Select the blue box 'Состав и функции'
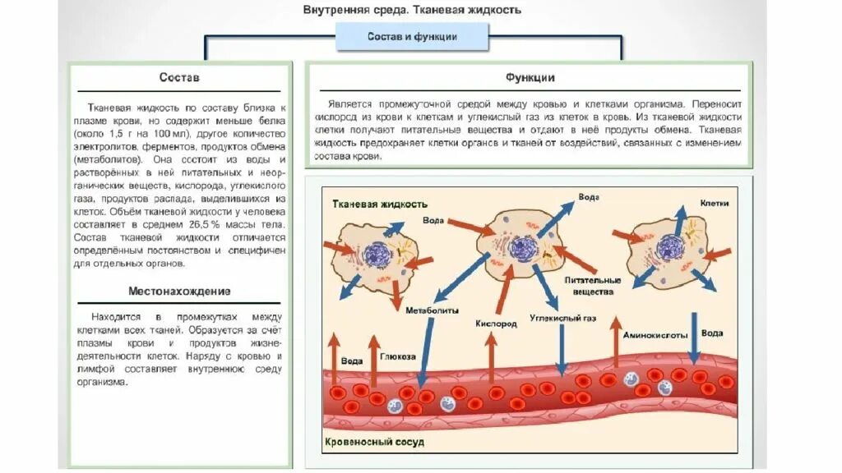coord(412,37)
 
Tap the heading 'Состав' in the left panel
coord(178,78)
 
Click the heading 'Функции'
coord(530,78)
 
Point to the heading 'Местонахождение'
coord(179,292)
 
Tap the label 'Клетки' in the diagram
coord(714,202)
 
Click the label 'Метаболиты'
coord(427,310)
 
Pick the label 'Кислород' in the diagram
coord(495,324)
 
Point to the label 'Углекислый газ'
coord(562,316)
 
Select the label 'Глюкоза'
coord(397,356)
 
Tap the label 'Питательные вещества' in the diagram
coord(589,286)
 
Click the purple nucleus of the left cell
coord(380,255)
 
